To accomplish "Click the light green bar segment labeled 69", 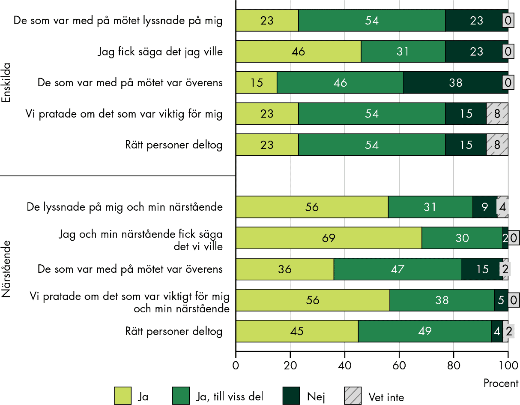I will click(329, 238).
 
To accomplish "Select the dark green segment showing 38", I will click(456, 82).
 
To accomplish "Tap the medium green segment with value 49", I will click(424, 331).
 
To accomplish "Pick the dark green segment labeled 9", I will click(484, 207).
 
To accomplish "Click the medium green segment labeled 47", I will click(397, 269).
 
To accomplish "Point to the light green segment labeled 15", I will click(257, 82).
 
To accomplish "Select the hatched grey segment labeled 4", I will click(502, 207).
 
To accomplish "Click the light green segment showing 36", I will click(285, 269).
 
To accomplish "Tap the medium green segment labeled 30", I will click(462, 238).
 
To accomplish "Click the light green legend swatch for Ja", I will click(123, 396).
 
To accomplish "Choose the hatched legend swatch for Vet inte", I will click(353, 396).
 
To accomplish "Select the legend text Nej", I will click(316, 397).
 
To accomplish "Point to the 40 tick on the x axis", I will click(345, 366).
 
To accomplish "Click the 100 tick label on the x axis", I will click(508, 366).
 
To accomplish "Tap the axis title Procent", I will click(501, 383).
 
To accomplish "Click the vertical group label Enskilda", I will click(6, 82).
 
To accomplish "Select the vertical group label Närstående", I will click(6, 269).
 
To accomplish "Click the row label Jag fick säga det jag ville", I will click(160, 52).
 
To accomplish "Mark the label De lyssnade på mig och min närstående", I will click(125, 207).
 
